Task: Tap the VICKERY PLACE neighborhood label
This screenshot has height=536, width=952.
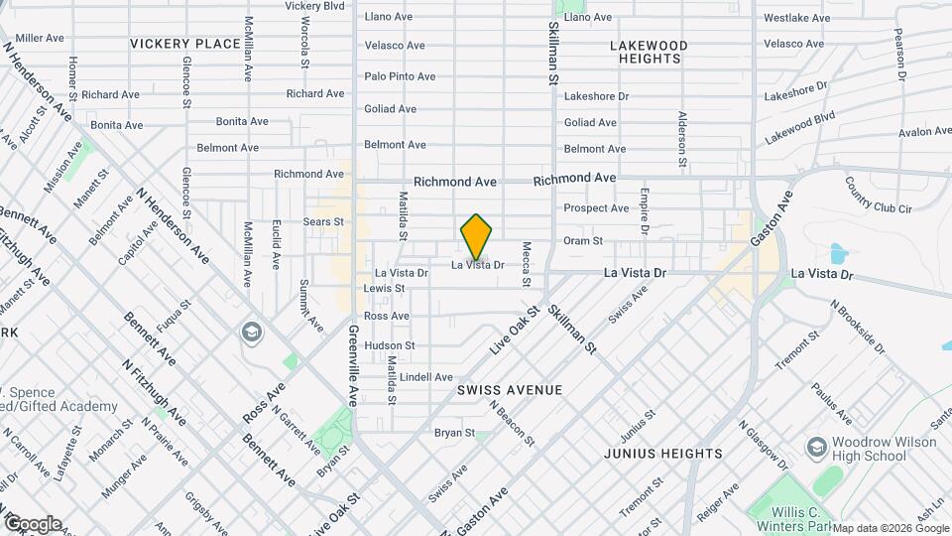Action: (x=184, y=44)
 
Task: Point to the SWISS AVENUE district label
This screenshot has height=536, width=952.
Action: (x=510, y=390)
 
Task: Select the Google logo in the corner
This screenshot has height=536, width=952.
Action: (x=32, y=524)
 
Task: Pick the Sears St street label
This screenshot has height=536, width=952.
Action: (x=323, y=221)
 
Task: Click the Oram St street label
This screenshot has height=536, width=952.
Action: (x=583, y=241)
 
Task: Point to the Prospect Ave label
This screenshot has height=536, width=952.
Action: (x=596, y=208)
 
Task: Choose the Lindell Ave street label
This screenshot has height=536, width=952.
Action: (x=426, y=377)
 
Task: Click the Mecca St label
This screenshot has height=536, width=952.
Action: (x=527, y=265)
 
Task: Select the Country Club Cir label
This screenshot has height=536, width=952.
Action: (x=878, y=194)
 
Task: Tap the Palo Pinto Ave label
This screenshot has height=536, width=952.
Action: (x=400, y=76)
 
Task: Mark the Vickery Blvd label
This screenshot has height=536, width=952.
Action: (x=314, y=6)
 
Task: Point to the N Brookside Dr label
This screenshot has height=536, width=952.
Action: (x=857, y=327)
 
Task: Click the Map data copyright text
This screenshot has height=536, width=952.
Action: (x=892, y=528)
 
